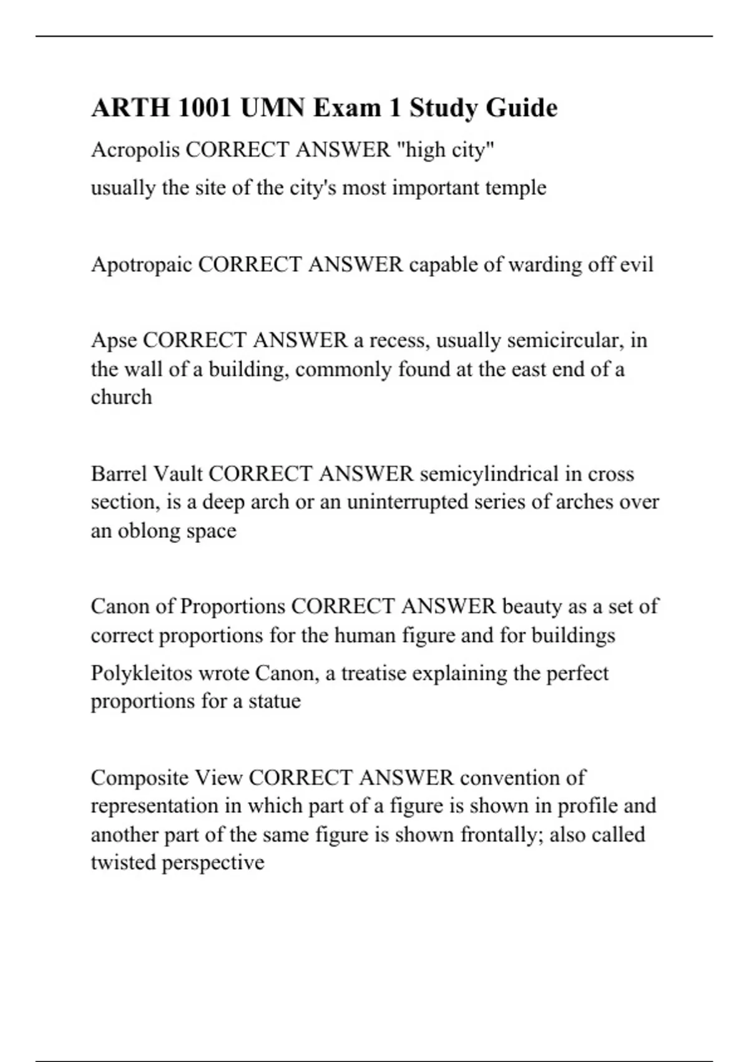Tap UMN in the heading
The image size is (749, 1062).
click(x=273, y=108)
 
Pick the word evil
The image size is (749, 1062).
click(x=636, y=265)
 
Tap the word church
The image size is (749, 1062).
click(x=121, y=397)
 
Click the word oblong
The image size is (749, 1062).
click(x=148, y=531)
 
